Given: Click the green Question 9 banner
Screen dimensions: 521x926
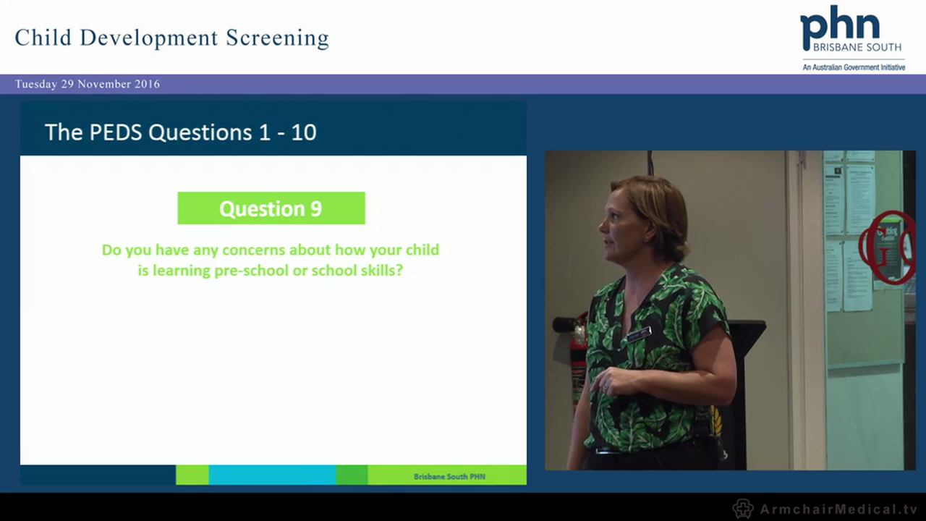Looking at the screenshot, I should tap(271, 208).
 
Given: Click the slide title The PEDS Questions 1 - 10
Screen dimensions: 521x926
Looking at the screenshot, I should tap(180, 132).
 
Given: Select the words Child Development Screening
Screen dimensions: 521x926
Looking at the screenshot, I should tap(171, 38).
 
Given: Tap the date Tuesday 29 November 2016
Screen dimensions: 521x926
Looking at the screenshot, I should tap(88, 84).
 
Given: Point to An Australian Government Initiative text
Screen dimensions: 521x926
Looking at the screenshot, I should tap(854, 67).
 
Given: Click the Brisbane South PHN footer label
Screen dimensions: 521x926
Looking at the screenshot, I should tap(449, 476).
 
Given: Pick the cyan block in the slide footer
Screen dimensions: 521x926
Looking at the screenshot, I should tap(271, 475).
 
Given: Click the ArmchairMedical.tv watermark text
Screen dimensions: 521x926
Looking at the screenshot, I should tap(838, 509).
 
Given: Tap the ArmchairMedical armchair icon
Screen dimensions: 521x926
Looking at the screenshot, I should tap(742, 508).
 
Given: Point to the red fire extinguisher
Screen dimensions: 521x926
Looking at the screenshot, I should tap(578, 355).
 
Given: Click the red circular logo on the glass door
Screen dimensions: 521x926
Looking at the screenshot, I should tap(887, 247).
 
